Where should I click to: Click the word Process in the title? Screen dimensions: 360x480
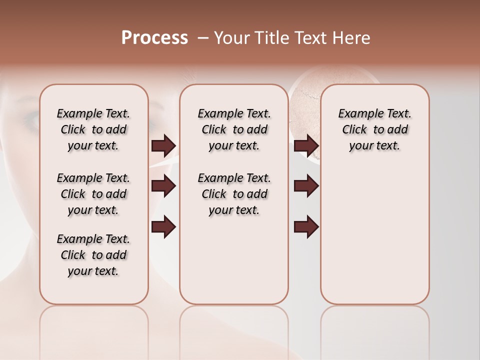click(x=154, y=38)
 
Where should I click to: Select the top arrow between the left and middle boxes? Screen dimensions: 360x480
click(x=163, y=146)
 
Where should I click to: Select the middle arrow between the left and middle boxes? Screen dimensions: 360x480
click(x=163, y=186)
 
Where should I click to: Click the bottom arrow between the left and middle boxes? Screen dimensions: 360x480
click(x=163, y=227)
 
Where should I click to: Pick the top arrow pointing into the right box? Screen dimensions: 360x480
click(x=306, y=146)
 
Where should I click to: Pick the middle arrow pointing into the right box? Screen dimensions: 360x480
click(x=306, y=186)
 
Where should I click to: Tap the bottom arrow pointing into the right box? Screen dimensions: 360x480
click(x=306, y=227)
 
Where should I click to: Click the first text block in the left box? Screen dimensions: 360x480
click(x=93, y=129)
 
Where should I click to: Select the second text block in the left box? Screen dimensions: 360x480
click(x=93, y=194)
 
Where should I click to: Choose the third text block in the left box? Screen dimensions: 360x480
click(x=93, y=255)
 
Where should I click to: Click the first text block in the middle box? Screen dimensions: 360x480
click(x=234, y=129)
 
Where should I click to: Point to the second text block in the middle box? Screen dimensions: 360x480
click(x=234, y=194)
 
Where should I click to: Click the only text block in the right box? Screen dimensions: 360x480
click(x=374, y=129)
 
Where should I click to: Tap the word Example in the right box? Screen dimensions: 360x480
click(x=358, y=114)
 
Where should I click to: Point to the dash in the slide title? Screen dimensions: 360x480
click(x=202, y=38)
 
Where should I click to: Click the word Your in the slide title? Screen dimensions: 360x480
click(x=231, y=38)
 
